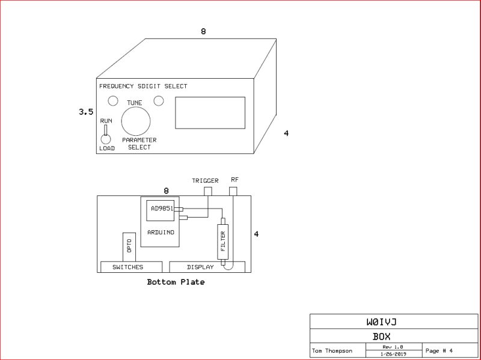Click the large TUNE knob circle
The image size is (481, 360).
[x=135, y=122]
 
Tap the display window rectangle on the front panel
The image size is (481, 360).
[x=210, y=113]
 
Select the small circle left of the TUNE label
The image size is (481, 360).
[x=112, y=100]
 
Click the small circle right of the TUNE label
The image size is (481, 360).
[x=159, y=100]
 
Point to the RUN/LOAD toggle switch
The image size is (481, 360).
[x=105, y=135]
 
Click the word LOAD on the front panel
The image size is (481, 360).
[x=107, y=148]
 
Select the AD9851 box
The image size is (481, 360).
[x=160, y=210]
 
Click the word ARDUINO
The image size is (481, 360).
[x=160, y=232]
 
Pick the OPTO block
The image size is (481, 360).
[x=129, y=247]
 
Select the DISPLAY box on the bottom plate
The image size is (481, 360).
[x=200, y=267]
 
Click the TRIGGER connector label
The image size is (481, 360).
[x=205, y=180]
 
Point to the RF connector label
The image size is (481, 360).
[x=234, y=180]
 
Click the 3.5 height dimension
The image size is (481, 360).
[x=85, y=112]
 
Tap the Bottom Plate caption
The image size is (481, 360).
[x=176, y=282]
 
